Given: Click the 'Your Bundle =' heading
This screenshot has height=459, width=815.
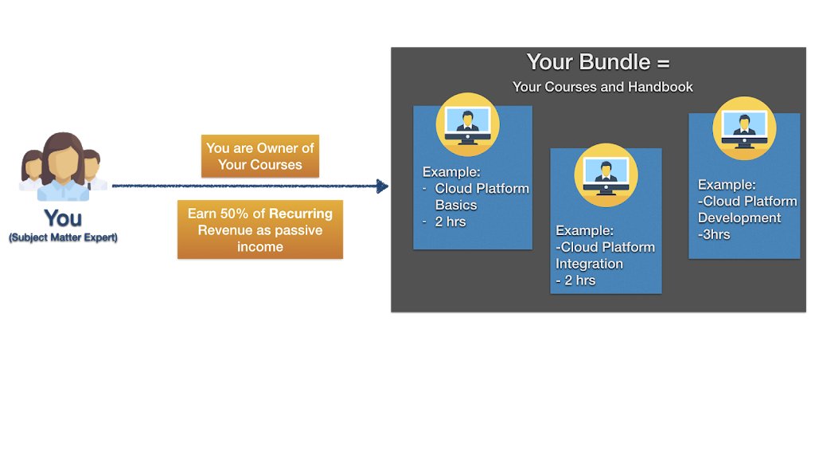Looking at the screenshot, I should pyautogui.click(x=598, y=62).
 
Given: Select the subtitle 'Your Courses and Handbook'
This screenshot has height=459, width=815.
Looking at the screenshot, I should pyautogui.click(x=602, y=87).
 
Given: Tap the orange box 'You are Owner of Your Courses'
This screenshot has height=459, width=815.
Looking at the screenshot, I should pyautogui.click(x=260, y=156).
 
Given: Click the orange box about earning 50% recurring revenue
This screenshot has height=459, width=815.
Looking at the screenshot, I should pyautogui.click(x=260, y=229).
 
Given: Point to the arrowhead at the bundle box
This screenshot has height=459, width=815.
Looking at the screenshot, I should pyautogui.click(x=383, y=186).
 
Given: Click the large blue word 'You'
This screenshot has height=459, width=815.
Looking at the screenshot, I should pyautogui.click(x=63, y=218).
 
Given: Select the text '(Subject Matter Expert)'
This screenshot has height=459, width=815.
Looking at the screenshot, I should pyautogui.click(x=63, y=237).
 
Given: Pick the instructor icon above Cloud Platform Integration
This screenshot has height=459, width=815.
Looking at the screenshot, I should pyautogui.click(x=606, y=175).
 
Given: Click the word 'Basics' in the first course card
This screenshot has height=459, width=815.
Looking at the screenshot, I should pyautogui.click(x=456, y=205).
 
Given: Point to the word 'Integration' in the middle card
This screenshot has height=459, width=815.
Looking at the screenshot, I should pyautogui.click(x=589, y=264).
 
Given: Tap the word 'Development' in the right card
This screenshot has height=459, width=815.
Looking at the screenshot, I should pyautogui.click(x=739, y=218).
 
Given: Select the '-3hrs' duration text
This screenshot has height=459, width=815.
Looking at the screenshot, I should pyautogui.click(x=714, y=234).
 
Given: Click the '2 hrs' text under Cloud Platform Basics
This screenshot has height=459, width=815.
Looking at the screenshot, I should pyautogui.click(x=450, y=222).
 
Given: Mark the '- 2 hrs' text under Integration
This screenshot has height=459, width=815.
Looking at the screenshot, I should pyautogui.click(x=575, y=280).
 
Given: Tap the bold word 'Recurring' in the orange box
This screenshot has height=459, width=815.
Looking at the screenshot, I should pyautogui.click(x=301, y=214).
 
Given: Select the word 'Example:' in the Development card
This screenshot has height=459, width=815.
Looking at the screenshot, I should pyautogui.click(x=727, y=185).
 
